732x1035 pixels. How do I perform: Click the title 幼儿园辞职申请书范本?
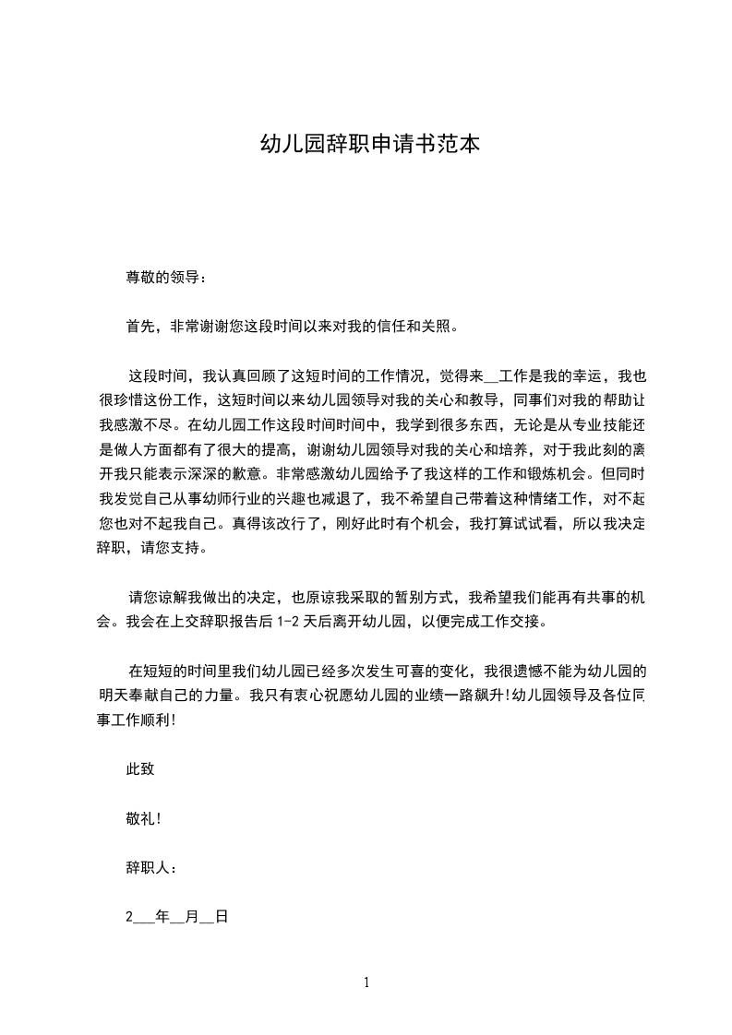point(367,146)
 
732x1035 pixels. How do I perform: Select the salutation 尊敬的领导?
point(162,277)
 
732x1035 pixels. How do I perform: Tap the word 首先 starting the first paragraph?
point(139,327)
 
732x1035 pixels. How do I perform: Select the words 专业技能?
point(590,426)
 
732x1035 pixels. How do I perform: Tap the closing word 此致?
point(139,769)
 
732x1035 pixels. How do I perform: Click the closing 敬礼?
point(143,819)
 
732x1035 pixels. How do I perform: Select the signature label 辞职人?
point(148,868)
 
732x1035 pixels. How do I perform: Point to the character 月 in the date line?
point(192,918)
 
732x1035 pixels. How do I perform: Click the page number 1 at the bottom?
point(366,983)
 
